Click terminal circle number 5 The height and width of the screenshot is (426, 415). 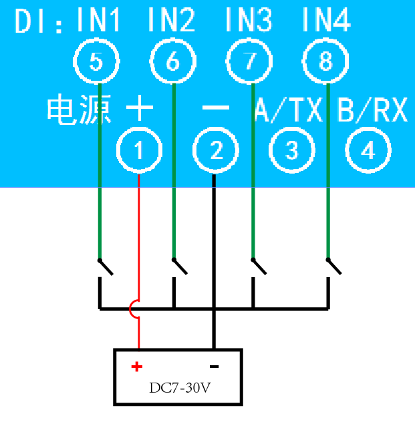[x=96, y=62]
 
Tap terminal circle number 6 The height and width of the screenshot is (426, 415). [x=172, y=62]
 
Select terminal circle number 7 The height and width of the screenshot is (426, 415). [x=250, y=62]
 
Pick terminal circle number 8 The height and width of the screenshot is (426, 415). [x=325, y=62]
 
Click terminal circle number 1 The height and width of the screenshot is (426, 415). [x=139, y=152]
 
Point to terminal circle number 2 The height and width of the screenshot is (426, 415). [x=216, y=152]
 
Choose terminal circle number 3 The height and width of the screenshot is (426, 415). [x=292, y=152]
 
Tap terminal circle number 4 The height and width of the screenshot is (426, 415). [x=368, y=152]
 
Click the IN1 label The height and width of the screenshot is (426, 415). [x=100, y=22]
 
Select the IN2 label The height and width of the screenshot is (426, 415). [x=172, y=22]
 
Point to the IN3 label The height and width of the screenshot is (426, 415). [x=249, y=22]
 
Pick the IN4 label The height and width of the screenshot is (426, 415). [x=326, y=22]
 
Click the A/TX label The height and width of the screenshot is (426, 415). [x=289, y=111]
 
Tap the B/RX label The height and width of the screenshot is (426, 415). [x=372, y=111]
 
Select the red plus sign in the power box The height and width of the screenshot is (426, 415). [x=136, y=366]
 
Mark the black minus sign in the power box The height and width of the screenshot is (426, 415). [x=215, y=366]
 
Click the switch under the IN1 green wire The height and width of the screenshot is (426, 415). [x=105, y=266]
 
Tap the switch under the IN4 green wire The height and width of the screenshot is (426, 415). [x=333, y=266]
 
